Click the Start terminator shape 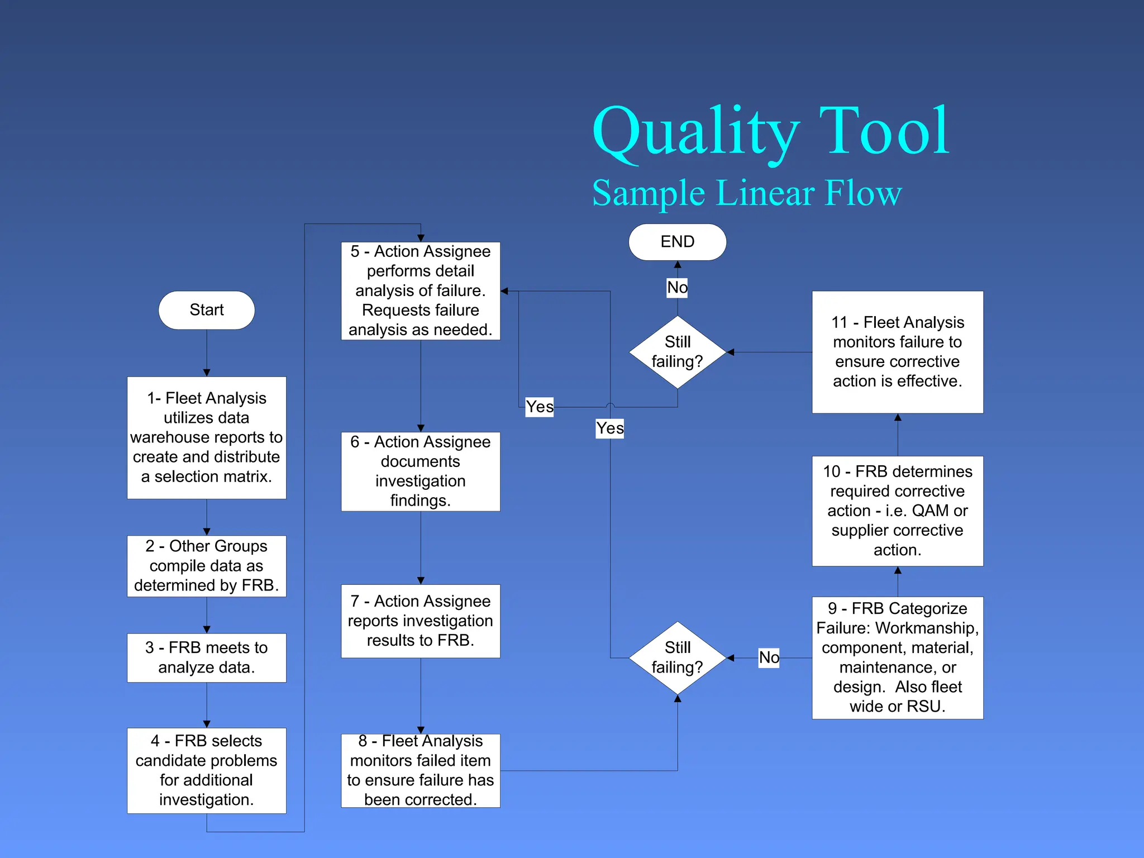[x=206, y=310]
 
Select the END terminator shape [x=677, y=242]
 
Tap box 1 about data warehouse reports [x=206, y=437]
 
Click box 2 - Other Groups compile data [x=206, y=566]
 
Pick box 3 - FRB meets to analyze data [x=206, y=657]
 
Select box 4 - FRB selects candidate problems [x=206, y=770]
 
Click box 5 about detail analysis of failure [x=420, y=290]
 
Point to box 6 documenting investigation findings [x=420, y=471]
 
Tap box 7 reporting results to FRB [x=420, y=621]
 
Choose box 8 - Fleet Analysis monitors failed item [x=420, y=770]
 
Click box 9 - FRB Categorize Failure [x=897, y=657]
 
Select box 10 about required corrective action [x=897, y=511]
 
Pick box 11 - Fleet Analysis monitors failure [x=897, y=352]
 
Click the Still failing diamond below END [x=677, y=352]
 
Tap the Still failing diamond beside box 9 [x=677, y=657]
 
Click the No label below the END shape [x=677, y=288]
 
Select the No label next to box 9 [x=769, y=657]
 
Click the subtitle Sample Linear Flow [x=747, y=193]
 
